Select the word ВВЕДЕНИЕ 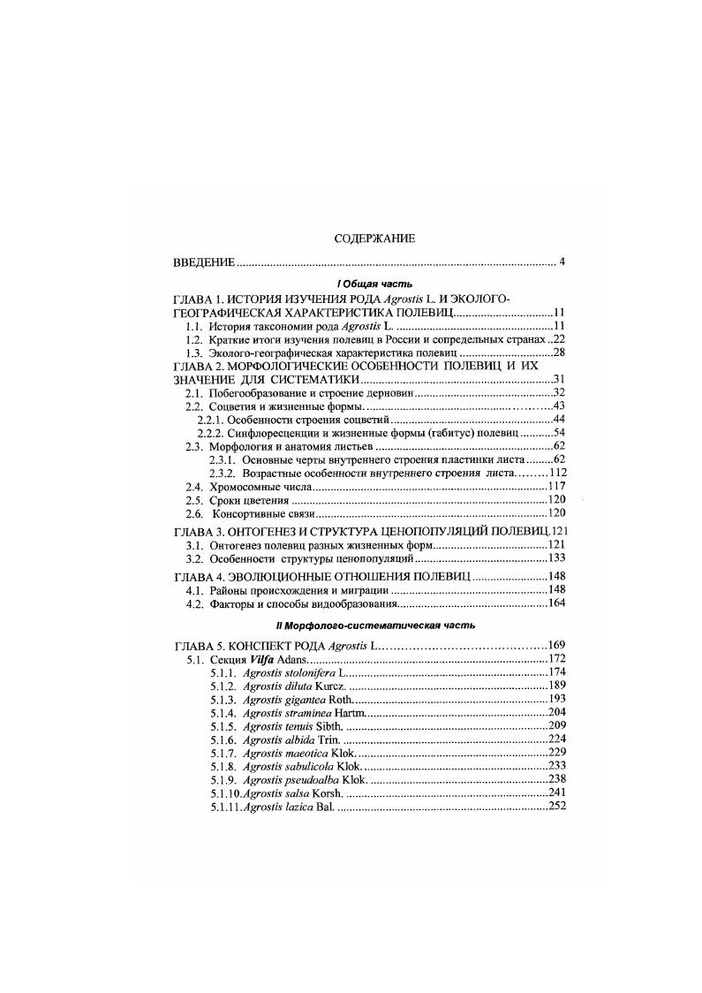point(203,262)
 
